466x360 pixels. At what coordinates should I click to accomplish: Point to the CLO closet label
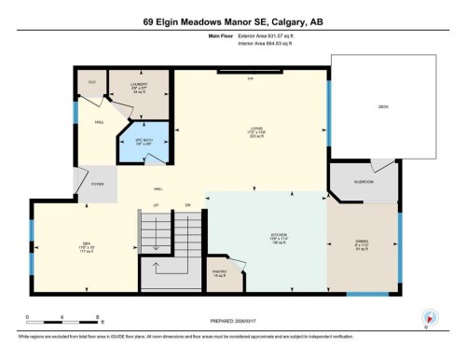coord(92,83)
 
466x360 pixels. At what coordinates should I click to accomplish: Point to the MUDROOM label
coord(363,182)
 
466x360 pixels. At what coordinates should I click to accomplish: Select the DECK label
coord(382,107)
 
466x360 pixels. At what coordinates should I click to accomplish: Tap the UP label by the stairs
coord(157,204)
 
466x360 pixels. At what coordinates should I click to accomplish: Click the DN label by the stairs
coord(186,204)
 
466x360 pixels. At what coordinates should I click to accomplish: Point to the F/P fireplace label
coord(250,78)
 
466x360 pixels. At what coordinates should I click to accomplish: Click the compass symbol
coord(430,318)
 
